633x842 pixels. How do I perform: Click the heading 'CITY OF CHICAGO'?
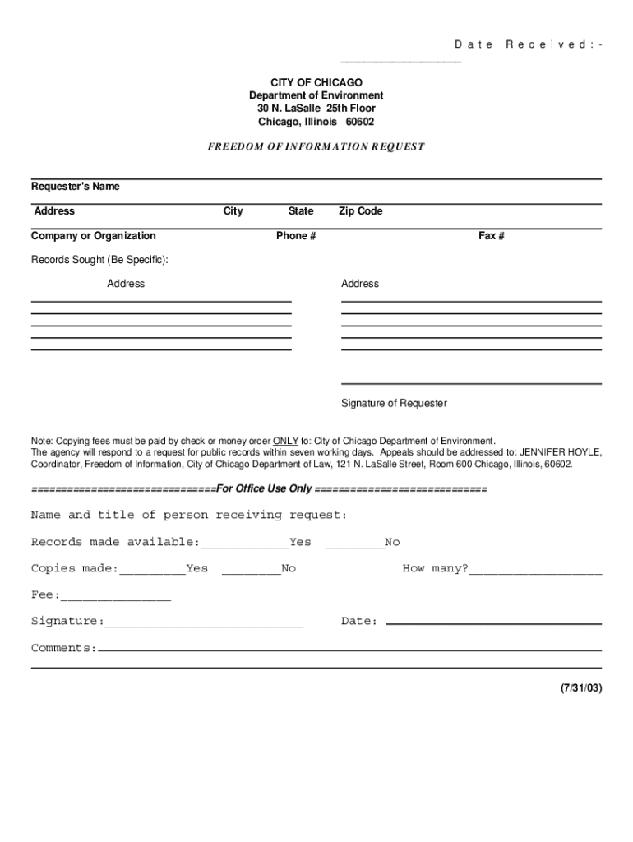(x=316, y=83)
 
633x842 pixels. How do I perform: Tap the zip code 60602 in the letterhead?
(x=359, y=123)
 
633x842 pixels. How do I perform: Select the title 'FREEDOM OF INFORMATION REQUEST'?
(x=316, y=147)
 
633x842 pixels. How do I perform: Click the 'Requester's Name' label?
(x=76, y=187)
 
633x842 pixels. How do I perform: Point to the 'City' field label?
(x=233, y=211)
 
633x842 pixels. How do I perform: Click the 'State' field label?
(x=301, y=211)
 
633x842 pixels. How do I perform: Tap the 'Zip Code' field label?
(x=361, y=211)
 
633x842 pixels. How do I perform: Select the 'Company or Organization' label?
(x=94, y=236)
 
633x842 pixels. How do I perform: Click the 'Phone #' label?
(x=297, y=236)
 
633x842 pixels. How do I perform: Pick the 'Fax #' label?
(x=492, y=236)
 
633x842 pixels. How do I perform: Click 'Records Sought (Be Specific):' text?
(x=99, y=260)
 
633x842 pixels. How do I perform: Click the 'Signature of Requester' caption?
(x=395, y=404)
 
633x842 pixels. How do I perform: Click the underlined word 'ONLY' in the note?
(x=285, y=441)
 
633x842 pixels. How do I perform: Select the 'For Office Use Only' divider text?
(x=265, y=488)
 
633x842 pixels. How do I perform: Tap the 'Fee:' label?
(x=45, y=594)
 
